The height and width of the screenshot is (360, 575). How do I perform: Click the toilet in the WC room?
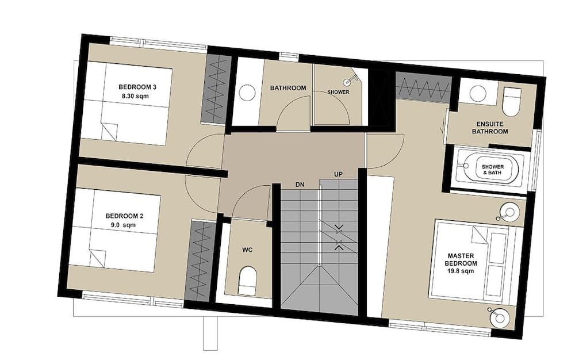(x=247, y=281)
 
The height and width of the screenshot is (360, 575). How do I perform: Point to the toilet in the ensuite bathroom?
(x=512, y=102)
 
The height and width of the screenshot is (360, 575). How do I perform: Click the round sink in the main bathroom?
(x=247, y=93)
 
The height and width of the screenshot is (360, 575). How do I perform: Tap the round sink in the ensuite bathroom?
(x=478, y=94)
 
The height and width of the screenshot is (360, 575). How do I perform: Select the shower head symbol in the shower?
(x=349, y=81)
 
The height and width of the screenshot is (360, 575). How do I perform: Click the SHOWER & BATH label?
(x=493, y=170)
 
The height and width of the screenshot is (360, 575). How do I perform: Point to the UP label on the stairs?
(x=338, y=174)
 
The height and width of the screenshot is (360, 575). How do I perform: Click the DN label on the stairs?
(x=300, y=185)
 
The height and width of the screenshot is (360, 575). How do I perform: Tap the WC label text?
(x=247, y=250)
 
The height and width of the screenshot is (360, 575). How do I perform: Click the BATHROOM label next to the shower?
(x=288, y=88)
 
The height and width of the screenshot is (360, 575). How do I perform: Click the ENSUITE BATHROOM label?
(x=490, y=128)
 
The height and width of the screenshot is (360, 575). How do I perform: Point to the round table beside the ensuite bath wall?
(x=509, y=212)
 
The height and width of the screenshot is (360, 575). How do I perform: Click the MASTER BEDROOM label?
(x=461, y=259)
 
